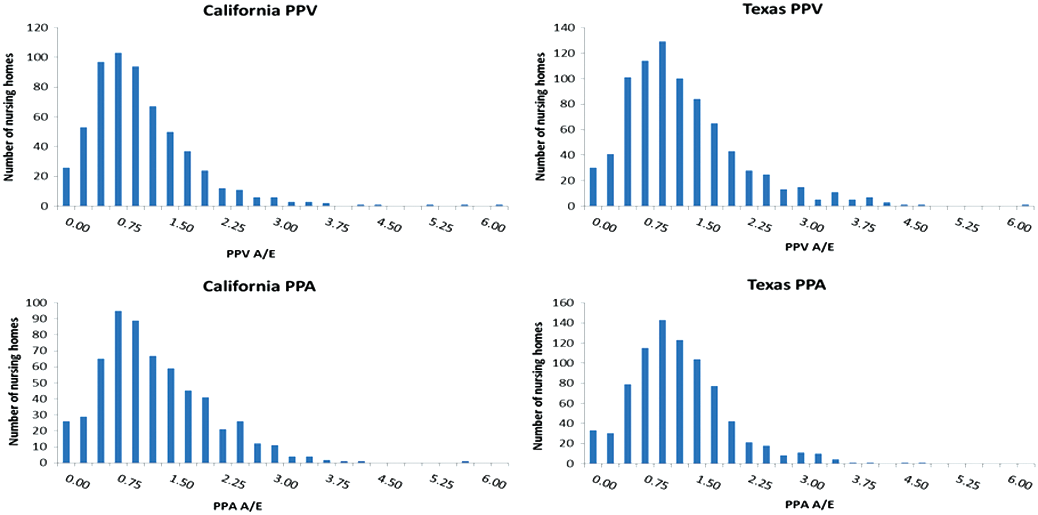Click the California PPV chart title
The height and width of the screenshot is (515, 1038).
[260, 11]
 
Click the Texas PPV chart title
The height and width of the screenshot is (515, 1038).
[782, 9]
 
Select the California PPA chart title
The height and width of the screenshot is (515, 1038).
[259, 286]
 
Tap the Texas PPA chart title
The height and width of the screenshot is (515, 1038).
[787, 285]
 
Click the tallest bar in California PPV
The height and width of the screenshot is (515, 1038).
[118, 130]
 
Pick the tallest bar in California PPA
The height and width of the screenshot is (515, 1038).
[118, 387]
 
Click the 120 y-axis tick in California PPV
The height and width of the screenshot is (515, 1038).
[37, 28]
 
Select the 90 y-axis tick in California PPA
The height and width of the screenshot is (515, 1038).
[42, 319]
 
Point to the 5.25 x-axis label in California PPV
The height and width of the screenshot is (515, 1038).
[441, 225]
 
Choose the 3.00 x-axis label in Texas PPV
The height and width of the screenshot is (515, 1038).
[812, 225]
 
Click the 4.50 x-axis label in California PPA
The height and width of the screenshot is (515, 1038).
[389, 481]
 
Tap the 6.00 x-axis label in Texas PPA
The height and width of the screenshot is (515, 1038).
[1019, 481]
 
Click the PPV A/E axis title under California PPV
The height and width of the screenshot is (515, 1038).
[251, 254]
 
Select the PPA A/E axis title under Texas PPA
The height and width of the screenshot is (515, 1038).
[810, 504]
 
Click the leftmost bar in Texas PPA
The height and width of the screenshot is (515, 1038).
[593, 447]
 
